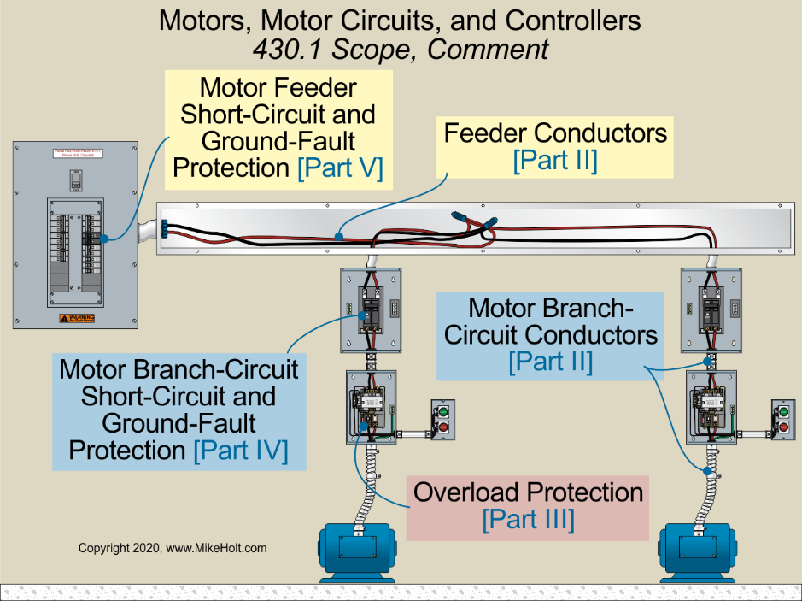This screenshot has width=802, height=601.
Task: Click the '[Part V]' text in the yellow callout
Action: (338, 168)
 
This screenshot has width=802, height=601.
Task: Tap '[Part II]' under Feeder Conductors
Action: (554, 161)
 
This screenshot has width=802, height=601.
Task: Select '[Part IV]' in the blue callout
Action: (241, 451)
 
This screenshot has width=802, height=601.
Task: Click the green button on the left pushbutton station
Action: (442, 411)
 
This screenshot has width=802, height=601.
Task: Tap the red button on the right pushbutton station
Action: (783, 427)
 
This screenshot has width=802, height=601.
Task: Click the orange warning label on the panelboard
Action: (76, 318)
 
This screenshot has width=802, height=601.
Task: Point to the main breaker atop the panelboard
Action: (76, 181)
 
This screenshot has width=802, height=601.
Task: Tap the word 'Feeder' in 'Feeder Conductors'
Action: (485, 133)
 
